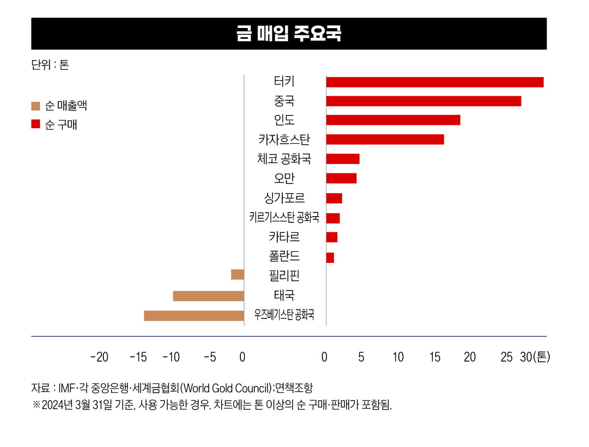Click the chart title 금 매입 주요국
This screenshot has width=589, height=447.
point(289,34)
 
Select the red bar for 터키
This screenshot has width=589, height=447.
point(435,82)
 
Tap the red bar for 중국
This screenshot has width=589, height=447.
point(423,101)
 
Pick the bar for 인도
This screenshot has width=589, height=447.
point(393,120)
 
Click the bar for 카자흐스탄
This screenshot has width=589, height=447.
point(385,140)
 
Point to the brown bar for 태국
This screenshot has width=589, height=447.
point(208,296)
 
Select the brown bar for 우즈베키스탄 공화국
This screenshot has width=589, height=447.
point(194,315)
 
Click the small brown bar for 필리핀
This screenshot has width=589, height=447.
point(237,275)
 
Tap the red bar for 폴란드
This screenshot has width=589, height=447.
point(330,257)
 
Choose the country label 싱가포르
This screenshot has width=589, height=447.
point(284,198)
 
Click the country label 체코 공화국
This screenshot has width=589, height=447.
point(284,159)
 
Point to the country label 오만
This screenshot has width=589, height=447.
point(284,178)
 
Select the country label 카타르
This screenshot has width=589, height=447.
point(284,237)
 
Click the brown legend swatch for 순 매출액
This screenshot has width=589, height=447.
point(35,106)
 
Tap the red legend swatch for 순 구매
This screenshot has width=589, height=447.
point(35,124)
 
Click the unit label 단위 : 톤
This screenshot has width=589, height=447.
point(50,65)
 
